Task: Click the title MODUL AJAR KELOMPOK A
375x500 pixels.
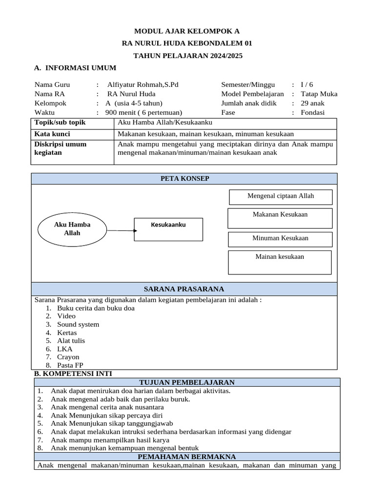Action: click(187, 31)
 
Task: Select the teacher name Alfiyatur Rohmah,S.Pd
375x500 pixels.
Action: click(143, 84)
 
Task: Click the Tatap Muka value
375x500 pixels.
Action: click(319, 94)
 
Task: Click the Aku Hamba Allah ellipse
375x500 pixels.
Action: click(72, 229)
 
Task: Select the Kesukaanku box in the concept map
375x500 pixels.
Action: click(168, 229)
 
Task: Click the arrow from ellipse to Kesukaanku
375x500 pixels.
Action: click(120, 229)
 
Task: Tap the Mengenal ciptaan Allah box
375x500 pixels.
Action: click(280, 196)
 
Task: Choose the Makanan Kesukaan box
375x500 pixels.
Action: click(280, 218)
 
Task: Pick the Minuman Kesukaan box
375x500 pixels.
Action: click(280, 239)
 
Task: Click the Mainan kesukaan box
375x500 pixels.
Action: click(279, 262)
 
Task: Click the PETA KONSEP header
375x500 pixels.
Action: click(185, 179)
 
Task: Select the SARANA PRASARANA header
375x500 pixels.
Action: click(185, 289)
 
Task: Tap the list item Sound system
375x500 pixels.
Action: click(78, 324)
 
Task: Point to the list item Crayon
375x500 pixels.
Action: click(68, 357)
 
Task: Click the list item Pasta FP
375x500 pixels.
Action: click(70, 365)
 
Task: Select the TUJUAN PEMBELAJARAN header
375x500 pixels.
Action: click(187, 382)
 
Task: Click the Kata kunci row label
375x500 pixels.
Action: click(52, 134)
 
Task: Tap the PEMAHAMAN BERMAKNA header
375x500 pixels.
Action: click(187, 457)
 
